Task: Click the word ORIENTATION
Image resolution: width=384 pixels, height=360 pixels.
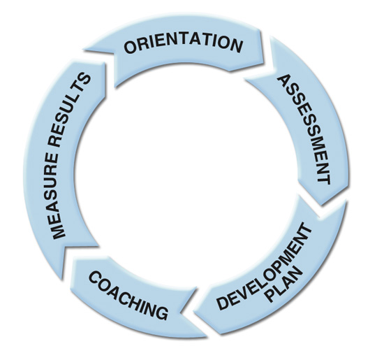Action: (183, 44)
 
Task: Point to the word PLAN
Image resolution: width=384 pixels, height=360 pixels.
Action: (285, 284)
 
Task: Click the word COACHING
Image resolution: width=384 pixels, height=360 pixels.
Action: (128, 295)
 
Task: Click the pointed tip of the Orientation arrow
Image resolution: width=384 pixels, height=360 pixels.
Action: (263, 62)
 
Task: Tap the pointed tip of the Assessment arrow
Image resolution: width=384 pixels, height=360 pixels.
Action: (321, 205)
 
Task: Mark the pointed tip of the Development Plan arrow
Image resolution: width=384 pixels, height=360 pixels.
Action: (193, 312)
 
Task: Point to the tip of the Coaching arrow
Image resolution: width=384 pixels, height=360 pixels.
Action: (61, 279)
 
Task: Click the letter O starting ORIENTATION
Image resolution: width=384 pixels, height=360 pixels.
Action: (131, 47)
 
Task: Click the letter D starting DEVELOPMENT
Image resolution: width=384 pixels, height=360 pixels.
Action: (223, 302)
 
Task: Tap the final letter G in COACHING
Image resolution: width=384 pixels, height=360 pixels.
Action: (161, 312)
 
